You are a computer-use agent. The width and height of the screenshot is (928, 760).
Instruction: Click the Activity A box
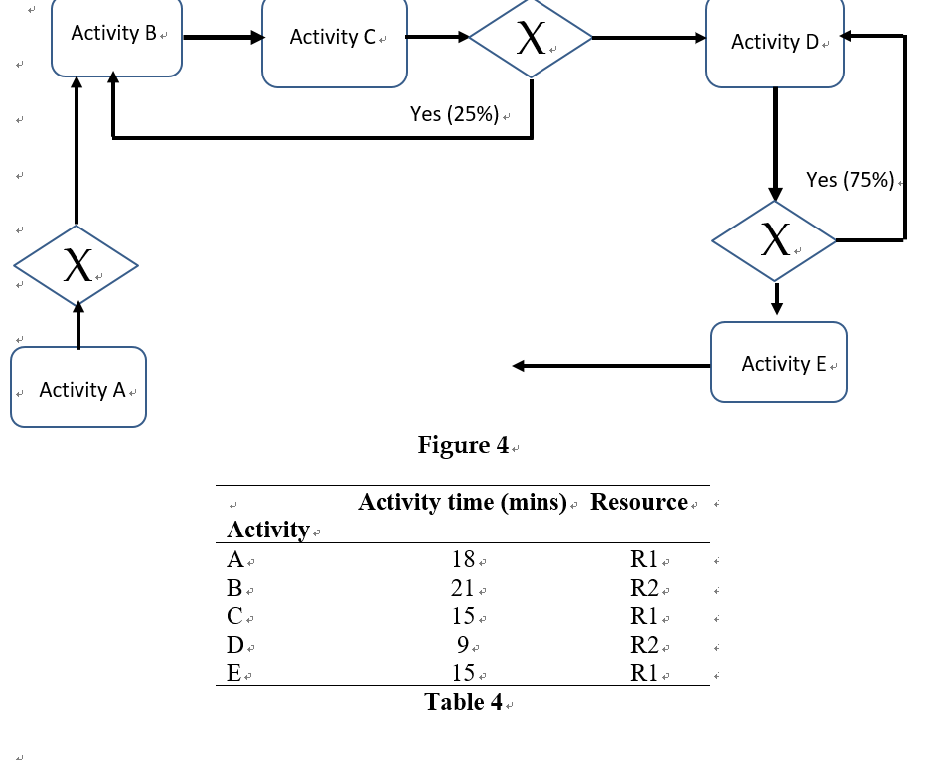click(78, 387)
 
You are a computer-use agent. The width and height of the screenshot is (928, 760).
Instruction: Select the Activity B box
click(116, 38)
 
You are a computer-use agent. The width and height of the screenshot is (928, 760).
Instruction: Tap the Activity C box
click(334, 42)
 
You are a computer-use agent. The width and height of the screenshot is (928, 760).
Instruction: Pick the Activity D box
click(775, 42)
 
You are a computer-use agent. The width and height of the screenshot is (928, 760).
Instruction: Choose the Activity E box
click(779, 363)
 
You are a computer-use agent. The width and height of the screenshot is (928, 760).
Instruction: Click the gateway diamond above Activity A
click(77, 265)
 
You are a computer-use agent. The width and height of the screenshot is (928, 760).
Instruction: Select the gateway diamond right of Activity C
click(531, 38)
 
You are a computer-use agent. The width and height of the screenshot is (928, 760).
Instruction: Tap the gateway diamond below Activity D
click(775, 240)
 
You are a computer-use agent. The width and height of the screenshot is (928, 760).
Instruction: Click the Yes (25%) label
click(455, 114)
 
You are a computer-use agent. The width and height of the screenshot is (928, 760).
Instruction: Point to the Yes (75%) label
click(851, 180)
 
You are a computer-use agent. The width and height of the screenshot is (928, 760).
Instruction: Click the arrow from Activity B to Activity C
click(224, 38)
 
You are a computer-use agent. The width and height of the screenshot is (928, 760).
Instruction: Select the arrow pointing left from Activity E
click(611, 366)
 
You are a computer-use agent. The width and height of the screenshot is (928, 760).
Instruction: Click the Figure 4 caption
click(463, 445)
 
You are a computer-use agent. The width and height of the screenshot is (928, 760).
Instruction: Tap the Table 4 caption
click(463, 702)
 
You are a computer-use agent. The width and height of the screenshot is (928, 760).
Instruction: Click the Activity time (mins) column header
click(462, 502)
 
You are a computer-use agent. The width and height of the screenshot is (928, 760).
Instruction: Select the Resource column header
click(639, 502)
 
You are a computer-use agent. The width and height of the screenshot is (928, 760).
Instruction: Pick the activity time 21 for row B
click(463, 588)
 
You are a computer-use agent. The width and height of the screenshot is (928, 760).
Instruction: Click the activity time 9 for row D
click(463, 645)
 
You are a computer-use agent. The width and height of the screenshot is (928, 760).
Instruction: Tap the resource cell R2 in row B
click(644, 588)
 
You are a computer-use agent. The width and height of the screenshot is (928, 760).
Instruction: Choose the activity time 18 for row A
click(463, 559)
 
